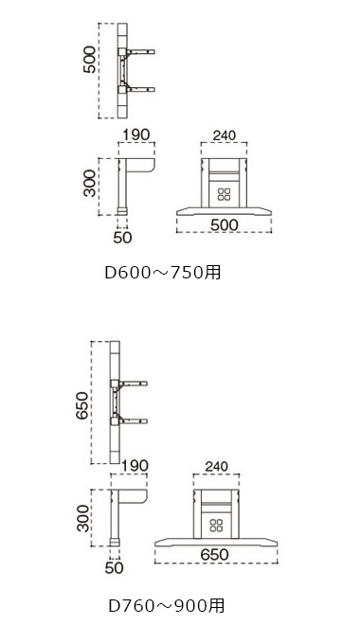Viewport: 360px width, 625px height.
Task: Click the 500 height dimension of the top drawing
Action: point(90,60)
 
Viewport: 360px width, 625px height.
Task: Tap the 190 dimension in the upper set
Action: point(135,134)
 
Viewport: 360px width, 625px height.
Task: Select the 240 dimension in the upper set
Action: point(225,135)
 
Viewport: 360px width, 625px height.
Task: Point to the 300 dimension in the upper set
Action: point(90,184)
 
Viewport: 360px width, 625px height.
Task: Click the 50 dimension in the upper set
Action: point(122,238)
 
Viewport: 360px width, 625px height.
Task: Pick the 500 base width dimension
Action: point(225,224)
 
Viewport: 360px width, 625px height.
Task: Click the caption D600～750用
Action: point(163,273)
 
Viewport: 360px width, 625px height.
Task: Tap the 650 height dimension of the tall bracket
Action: point(81,405)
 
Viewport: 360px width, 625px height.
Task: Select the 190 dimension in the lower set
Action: point(135,466)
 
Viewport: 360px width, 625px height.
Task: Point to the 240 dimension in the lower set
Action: point(217,466)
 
